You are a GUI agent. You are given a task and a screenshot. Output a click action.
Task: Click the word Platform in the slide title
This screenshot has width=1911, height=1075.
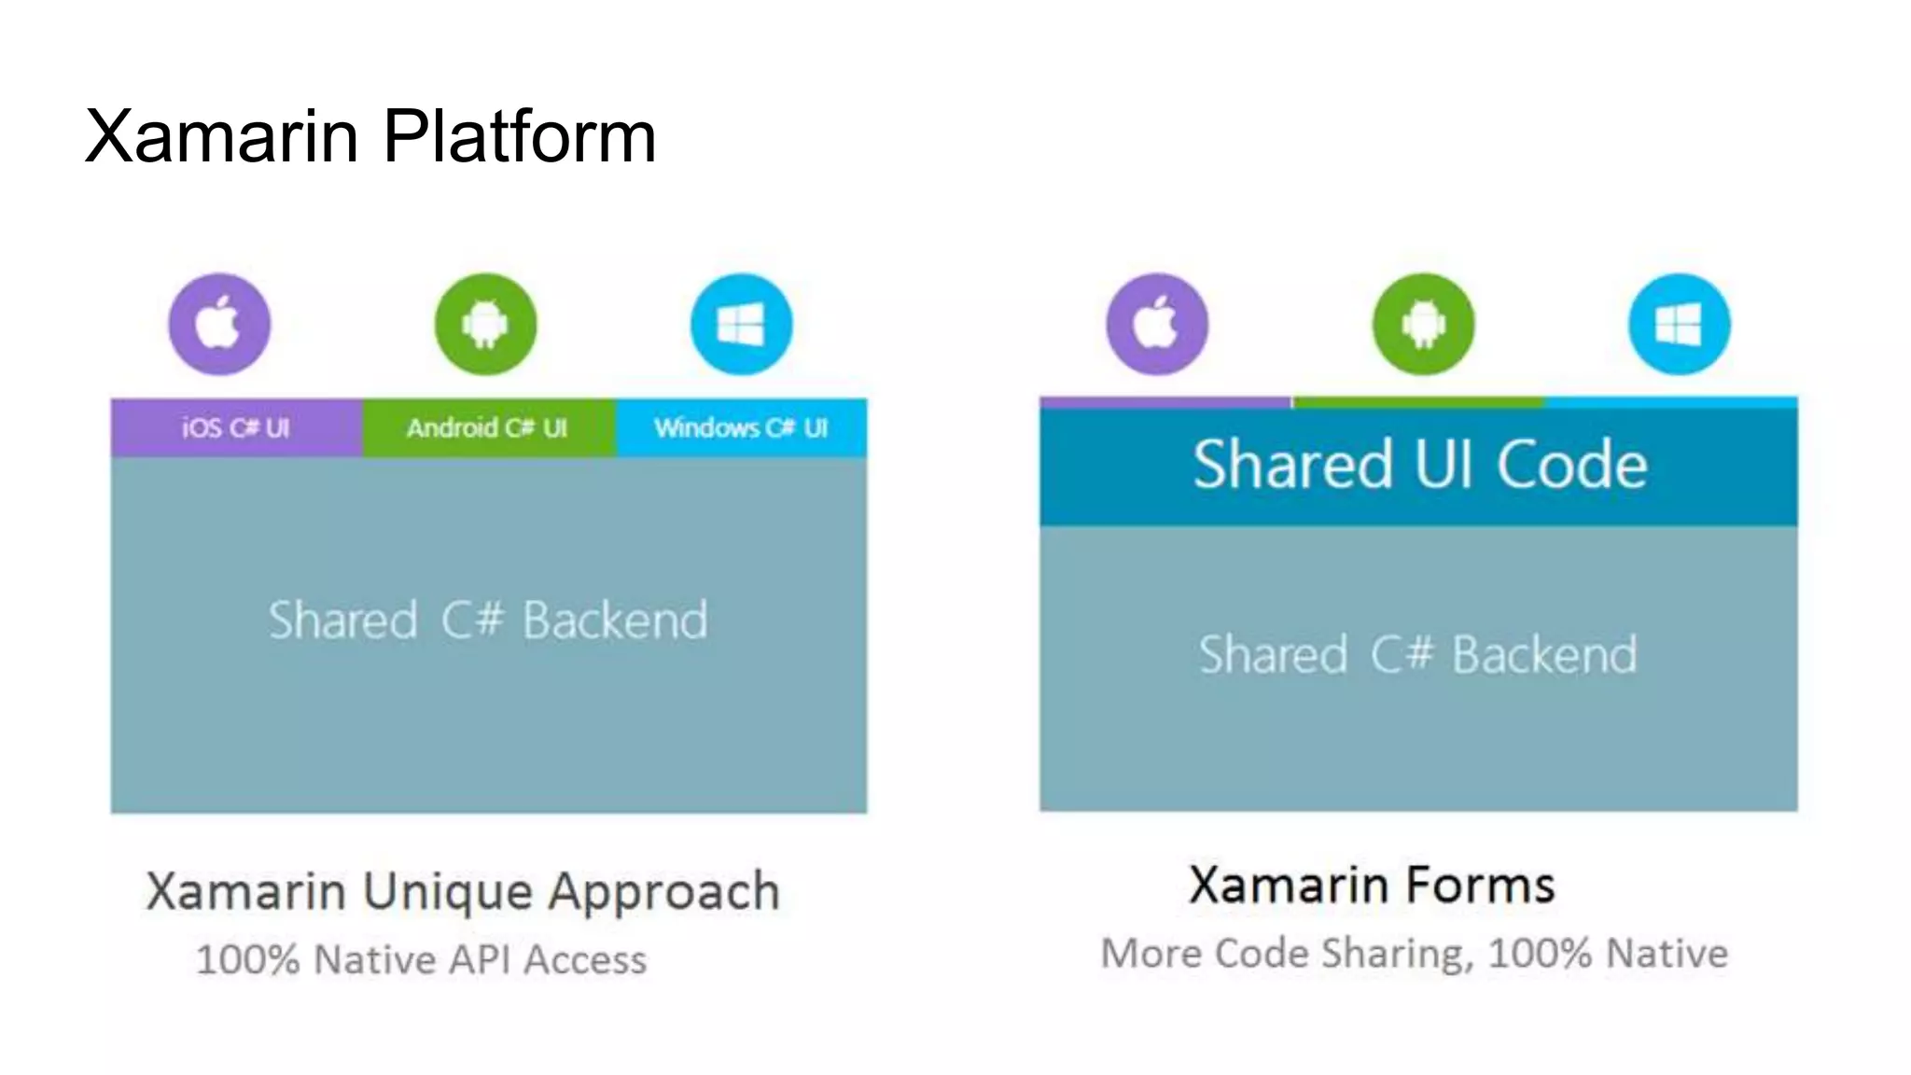pyautogui.click(x=519, y=136)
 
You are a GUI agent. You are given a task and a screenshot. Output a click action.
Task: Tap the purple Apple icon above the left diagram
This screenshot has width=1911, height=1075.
pyautogui.click(x=219, y=324)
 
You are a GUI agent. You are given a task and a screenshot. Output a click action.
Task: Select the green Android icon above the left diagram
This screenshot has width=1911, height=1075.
pyautogui.click(x=485, y=324)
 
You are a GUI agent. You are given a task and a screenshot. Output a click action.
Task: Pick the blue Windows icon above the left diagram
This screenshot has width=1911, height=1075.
pyautogui.click(x=741, y=324)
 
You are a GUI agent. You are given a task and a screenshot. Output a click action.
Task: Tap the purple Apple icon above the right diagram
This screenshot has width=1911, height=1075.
pyautogui.click(x=1157, y=324)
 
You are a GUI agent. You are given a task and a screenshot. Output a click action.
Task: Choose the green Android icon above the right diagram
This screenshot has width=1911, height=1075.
pyautogui.click(x=1423, y=324)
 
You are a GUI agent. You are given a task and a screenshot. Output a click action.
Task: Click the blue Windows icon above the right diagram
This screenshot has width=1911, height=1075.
pyautogui.click(x=1679, y=324)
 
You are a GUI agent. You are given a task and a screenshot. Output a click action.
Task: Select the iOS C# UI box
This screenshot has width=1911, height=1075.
pyautogui.click(x=236, y=427)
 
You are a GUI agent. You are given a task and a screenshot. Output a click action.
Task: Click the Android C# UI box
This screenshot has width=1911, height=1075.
pyautogui.click(x=488, y=427)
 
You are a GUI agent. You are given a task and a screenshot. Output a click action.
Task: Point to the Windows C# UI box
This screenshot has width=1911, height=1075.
pyautogui.click(x=741, y=427)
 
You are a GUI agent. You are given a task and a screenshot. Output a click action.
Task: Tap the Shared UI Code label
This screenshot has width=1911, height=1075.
pyautogui.click(x=1419, y=464)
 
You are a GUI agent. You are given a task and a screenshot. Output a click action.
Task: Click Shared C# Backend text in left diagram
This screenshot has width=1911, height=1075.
pyautogui.click(x=488, y=621)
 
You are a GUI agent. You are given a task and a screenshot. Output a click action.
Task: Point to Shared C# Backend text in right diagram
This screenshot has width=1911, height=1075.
pyautogui.click(x=1417, y=654)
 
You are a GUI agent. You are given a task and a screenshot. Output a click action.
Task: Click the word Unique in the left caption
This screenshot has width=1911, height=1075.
pyautogui.click(x=448, y=893)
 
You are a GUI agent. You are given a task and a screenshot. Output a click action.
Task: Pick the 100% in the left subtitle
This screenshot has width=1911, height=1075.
pyautogui.click(x=247, y=960)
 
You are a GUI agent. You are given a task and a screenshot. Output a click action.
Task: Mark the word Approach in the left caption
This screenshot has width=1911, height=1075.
pyautogui.click(x=663, y=893)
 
